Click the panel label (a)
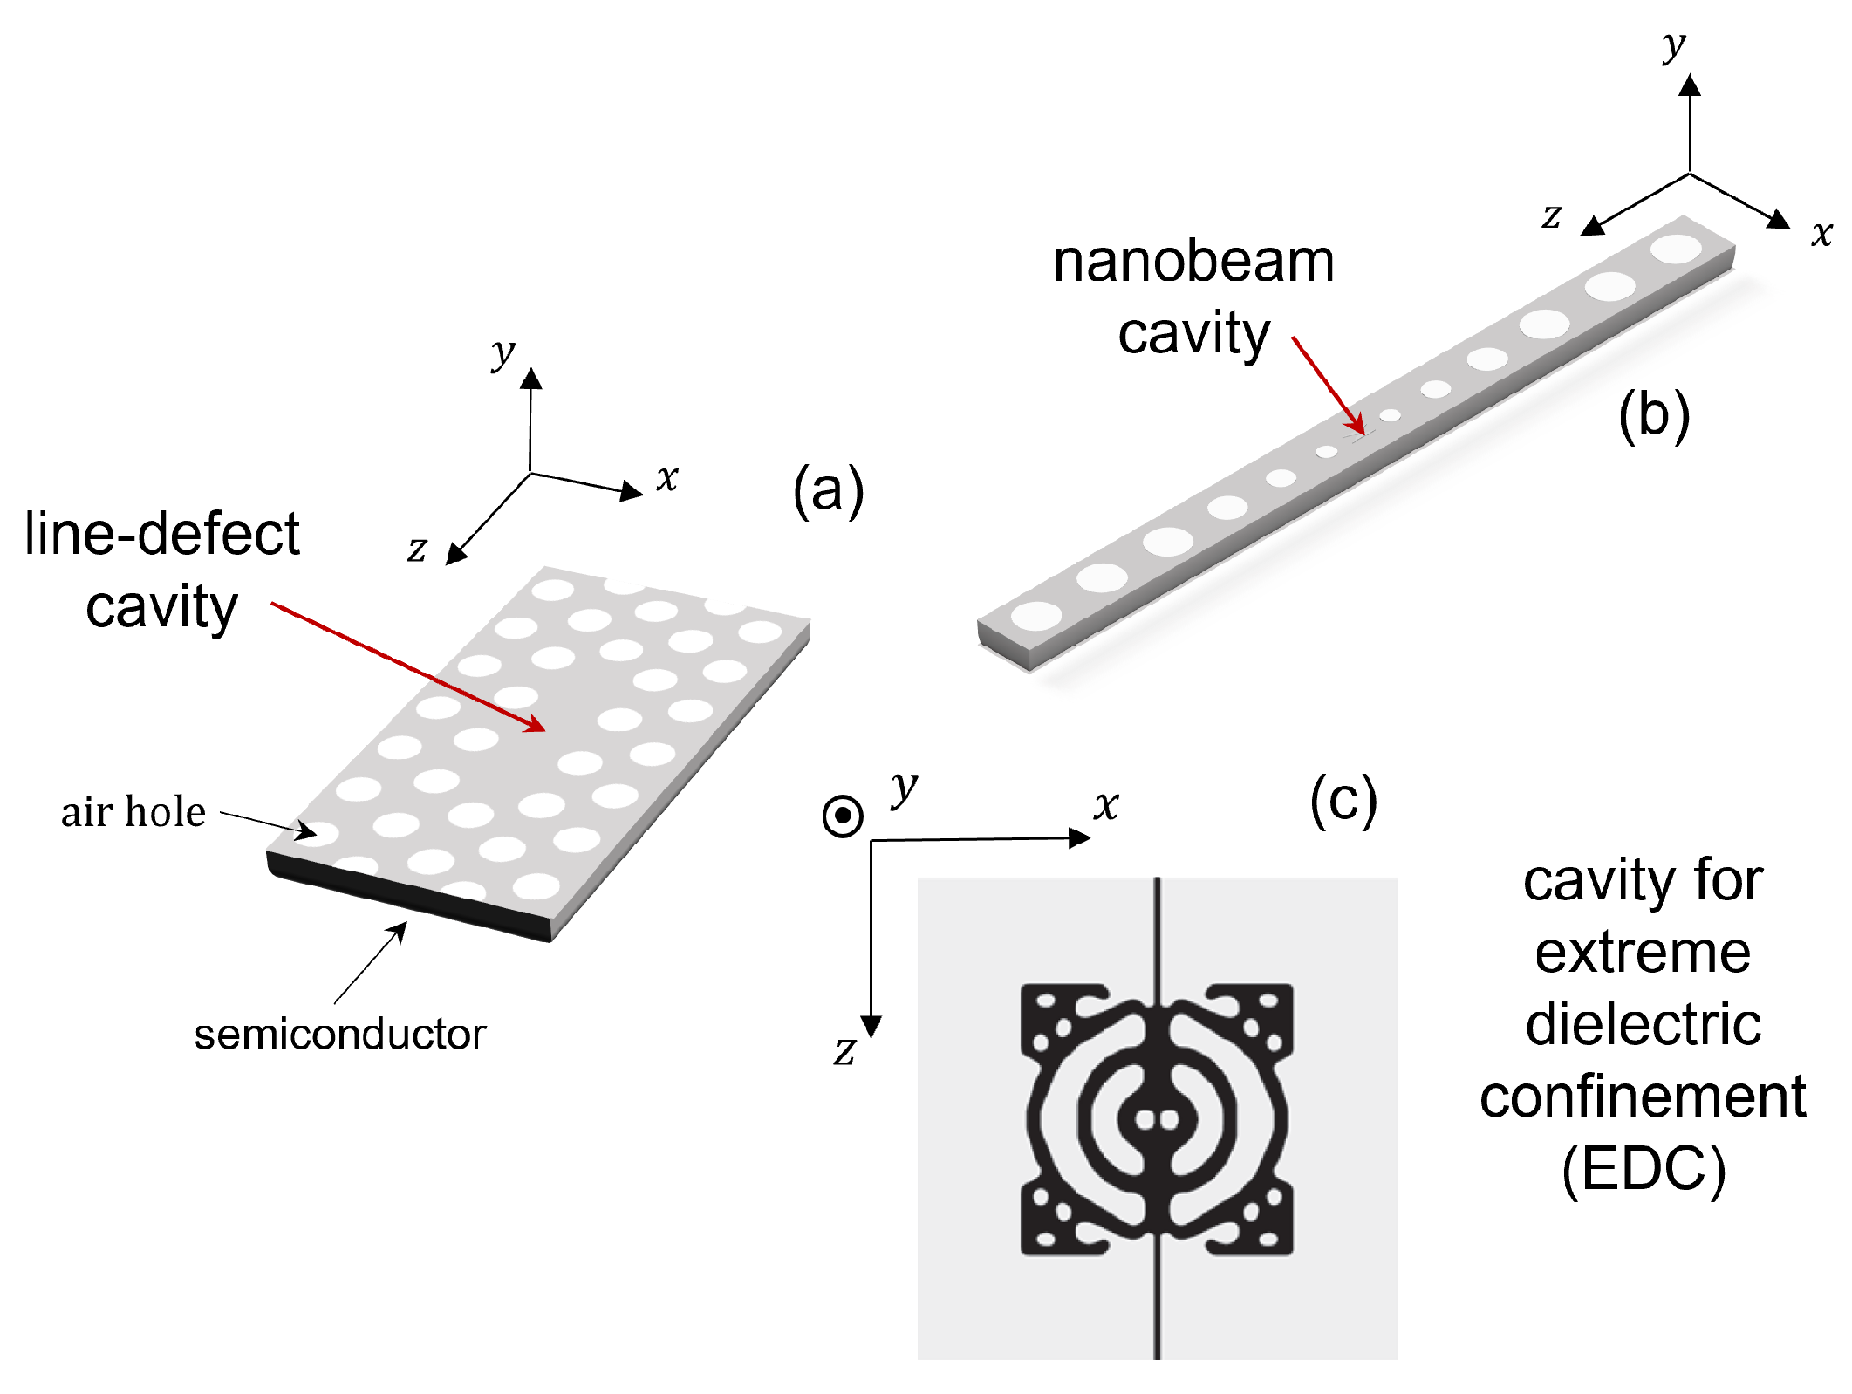[828, 491]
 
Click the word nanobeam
[1193, 262]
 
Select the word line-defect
[162, 534]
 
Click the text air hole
[133, 812]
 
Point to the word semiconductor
[339, 1035]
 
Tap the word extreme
[1643, 953]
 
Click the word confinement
[1643, 1097]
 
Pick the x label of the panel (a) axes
[667, 477]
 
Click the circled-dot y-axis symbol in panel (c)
[843, 816]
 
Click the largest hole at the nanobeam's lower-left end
[1036, 614]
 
